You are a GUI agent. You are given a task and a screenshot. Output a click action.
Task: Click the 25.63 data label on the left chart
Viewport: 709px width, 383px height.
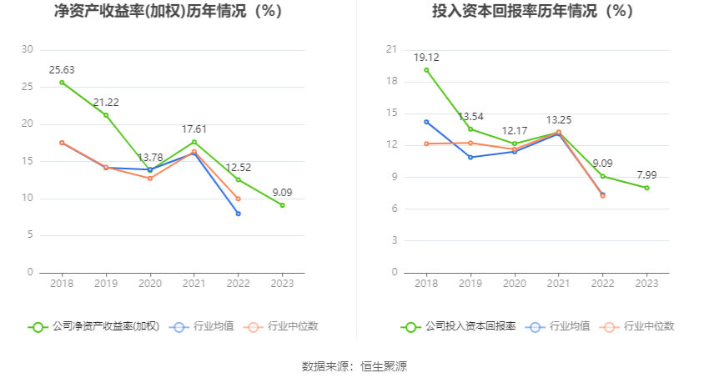[62, 70]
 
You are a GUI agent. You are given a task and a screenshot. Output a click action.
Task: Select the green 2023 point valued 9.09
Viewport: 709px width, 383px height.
[282, 204]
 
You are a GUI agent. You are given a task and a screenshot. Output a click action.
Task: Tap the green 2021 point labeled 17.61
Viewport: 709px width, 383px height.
[194, 142]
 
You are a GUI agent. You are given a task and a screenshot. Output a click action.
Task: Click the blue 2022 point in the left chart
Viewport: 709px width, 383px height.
[239, 214]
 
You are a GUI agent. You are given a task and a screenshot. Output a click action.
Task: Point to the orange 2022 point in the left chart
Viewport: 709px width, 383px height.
[239, 199]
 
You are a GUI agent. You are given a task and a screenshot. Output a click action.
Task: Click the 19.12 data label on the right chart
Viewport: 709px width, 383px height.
[426, 58]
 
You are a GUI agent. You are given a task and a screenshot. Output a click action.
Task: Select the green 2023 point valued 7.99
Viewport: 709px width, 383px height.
[646, 188]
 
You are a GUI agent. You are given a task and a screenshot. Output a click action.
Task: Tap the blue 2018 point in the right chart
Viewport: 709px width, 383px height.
[426, 122]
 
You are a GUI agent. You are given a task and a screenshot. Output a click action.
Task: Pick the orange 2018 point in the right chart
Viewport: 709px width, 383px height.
[426, 144]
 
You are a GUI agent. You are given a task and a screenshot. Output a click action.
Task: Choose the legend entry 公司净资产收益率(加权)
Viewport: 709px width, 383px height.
[94, 327]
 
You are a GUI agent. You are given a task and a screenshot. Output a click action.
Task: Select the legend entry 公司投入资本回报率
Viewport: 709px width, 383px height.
[459, 327]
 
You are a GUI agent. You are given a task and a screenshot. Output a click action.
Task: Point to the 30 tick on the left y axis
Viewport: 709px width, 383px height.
[28, 49]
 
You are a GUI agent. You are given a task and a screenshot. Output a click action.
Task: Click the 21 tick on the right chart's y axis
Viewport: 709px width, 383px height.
[390, 49]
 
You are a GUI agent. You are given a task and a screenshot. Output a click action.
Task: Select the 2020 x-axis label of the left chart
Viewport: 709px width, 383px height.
[150, 284]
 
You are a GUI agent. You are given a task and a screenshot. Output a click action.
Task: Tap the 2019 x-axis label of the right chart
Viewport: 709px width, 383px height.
[470, 284]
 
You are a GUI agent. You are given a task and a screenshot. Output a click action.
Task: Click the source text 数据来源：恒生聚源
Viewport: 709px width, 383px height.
[354, 366]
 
